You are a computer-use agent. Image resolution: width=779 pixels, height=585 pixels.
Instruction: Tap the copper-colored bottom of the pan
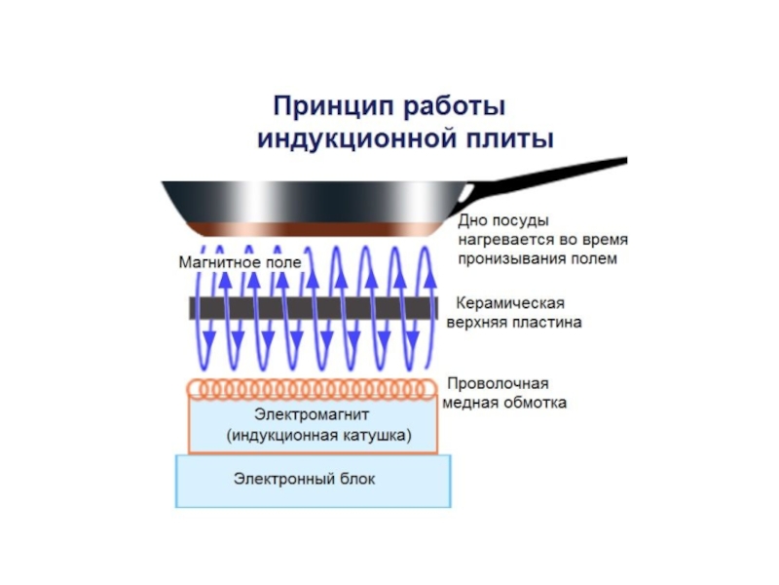[x=312, y=229]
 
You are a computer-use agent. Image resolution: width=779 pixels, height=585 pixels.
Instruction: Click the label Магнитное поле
[x=240, y=262]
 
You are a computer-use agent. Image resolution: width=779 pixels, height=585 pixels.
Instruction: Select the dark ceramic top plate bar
[x=312, y=306]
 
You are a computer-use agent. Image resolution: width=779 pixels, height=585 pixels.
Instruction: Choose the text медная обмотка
[x=504, y=402]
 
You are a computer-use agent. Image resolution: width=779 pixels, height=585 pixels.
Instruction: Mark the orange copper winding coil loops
[x=312, y=388]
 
